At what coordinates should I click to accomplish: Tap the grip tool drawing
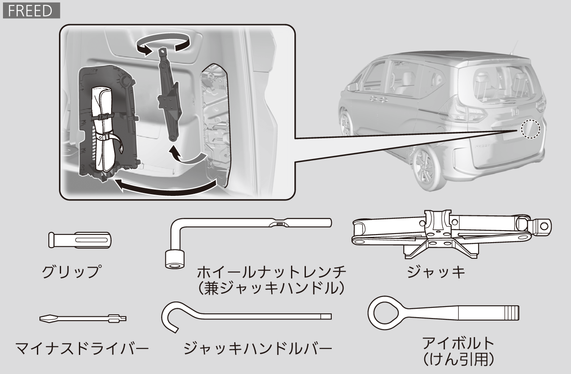[80, 240]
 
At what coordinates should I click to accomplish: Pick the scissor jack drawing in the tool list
[451, 233]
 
